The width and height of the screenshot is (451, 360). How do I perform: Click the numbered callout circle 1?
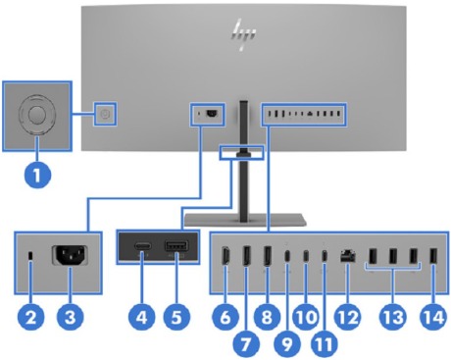click(x=36, y=179)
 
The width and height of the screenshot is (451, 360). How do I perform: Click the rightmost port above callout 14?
click(x=432, y=260)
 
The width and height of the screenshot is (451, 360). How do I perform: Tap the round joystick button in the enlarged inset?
click(x=37, y=114)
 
